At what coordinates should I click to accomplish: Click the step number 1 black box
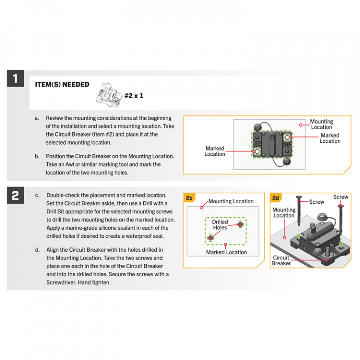pyautogui.click(x=15, y=79)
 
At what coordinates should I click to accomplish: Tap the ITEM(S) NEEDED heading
pyautogui.click(x=62, y=85)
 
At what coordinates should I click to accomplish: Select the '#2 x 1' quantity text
pyautogui.click(x=134, y=95)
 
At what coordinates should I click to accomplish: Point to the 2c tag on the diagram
pyautogui.click(x=190, y=198)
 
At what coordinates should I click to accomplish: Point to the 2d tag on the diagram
pyautogui.click(x=276, y=198)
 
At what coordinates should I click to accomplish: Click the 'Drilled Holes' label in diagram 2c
pyautogui.click(x=220, y=225)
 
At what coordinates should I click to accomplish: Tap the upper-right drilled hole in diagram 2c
pyautogui.click(x=241, y=225)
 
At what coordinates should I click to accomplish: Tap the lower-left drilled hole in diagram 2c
pyautogui.click(x=210, y=237)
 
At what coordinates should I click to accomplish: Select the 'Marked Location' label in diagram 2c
pyautogui.click(x=226, y=252)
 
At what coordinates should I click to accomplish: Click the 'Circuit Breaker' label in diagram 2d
pyautogui.click(x=281, y=260)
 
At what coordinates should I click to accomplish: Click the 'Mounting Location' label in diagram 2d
pyautogui.click(x=284, y=213)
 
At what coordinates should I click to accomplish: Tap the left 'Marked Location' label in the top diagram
pyautogui.click(x=215, y=151)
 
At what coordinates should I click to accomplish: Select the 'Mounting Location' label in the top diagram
pyautogui.click(x=321, y=124)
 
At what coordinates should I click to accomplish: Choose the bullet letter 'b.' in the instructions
pyautogui.click(x=37, y=156)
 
